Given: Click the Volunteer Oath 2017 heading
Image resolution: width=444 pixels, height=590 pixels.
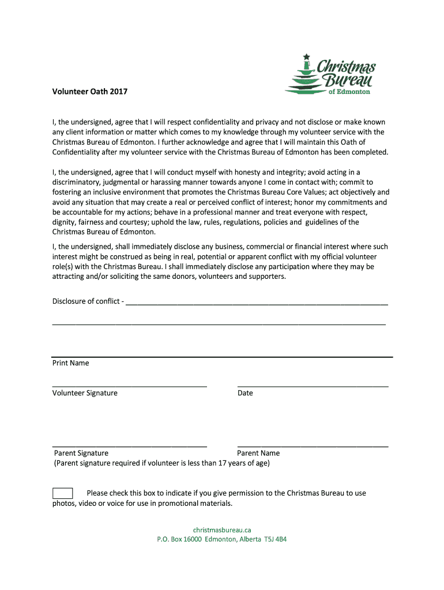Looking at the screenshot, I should (x=90, y=92).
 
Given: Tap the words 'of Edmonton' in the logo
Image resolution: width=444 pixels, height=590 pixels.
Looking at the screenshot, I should (x=349, y=92).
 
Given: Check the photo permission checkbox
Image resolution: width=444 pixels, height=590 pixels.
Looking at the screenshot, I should (x=62, y=493).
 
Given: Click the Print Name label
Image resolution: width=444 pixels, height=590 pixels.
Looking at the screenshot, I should (x=71, y=363).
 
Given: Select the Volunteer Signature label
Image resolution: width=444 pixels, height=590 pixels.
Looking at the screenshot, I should (x=85, y=393).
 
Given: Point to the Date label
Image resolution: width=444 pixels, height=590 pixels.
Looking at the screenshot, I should (x=245, y=393).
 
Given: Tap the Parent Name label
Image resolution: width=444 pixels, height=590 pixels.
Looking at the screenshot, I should (x=258, y=453).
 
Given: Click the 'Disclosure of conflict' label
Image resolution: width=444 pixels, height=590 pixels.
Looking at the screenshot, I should (x=86, y=301).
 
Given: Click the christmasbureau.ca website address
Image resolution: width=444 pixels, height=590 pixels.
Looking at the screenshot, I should (x=222, y=530).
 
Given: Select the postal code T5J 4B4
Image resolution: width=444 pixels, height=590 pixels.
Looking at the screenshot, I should (x=276, y=539).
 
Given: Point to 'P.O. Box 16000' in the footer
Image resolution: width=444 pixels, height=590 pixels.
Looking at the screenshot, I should (x=179, y=539).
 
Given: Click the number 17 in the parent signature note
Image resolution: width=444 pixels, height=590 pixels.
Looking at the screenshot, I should (x=222, y=463).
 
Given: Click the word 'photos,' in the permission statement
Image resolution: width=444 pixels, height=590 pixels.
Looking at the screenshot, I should (x=65, y=503).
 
